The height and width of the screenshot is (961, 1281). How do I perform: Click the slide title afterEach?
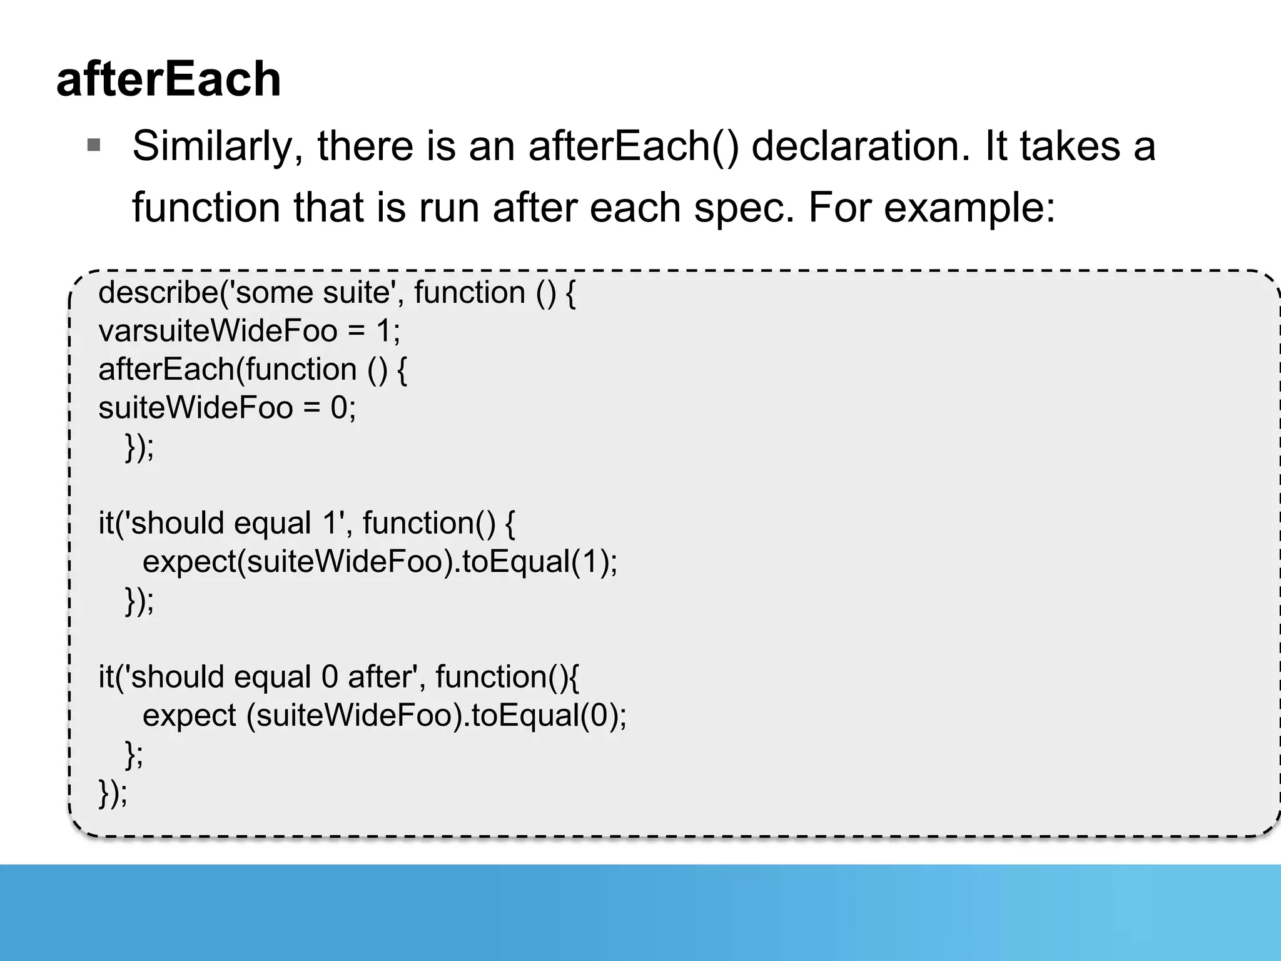tap(168, 79)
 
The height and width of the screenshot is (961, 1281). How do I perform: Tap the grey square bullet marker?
tap(94, 146)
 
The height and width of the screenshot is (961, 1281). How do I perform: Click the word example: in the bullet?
tap(970, 208)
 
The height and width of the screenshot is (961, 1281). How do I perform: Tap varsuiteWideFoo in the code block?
tap(218, 331)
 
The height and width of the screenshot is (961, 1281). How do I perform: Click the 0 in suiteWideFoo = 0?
tap(339, 409)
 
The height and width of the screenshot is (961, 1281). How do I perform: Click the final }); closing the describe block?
tap(113, 793)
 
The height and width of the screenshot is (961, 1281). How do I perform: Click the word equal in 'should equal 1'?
tap(272, 524)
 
